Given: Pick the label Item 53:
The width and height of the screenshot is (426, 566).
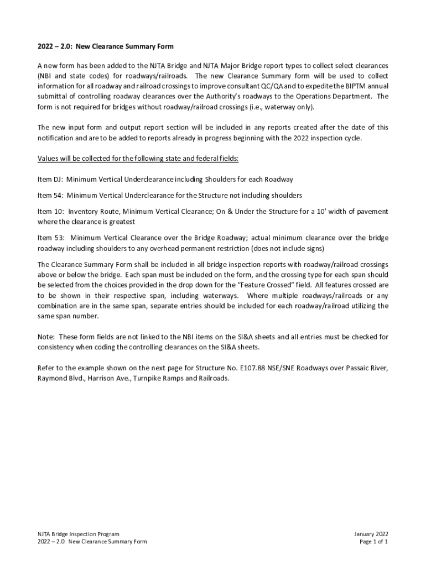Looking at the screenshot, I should [x=50, y=238].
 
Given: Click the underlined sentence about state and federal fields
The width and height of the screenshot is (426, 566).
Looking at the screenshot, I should [x=138, y=159].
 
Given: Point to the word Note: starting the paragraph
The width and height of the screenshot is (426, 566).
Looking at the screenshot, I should [x=46, y=337].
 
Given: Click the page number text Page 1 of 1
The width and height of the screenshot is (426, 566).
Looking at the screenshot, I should [x=373, y=542].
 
